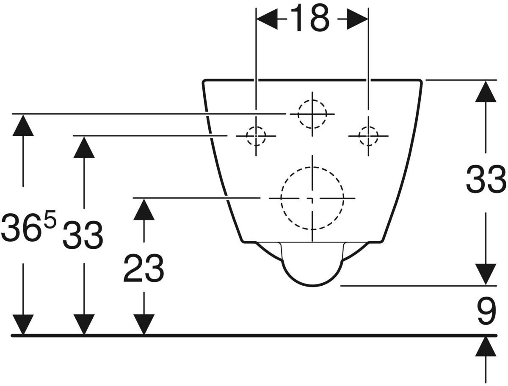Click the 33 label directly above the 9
click(486, 179)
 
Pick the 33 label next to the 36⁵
click(83, 235)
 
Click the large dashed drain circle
click(312, 198)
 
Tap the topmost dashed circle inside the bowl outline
click(312, 114)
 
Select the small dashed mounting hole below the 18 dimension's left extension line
click(256, 136)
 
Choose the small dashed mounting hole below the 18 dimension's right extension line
click(368, 136)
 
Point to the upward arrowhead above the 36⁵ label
click(23, 125)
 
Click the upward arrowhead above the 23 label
click(144, 209)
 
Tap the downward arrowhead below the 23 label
click(144, 324)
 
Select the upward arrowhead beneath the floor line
click(486, 347)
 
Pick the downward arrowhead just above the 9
click(486, 274)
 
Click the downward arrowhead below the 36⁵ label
click(23, 324)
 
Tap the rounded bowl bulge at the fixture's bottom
click(312, 271)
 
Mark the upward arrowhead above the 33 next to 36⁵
click(84, 147)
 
